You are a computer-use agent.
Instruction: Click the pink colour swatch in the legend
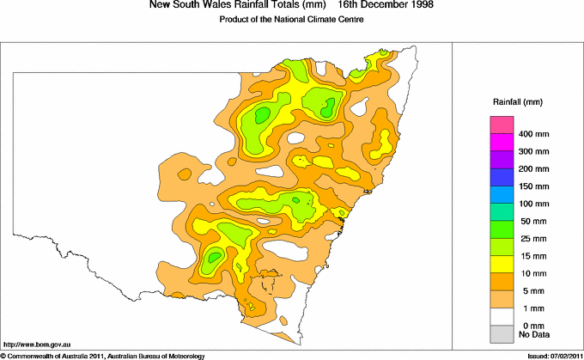[x=502, y=126]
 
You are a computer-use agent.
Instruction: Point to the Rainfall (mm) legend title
[x=516, y=102]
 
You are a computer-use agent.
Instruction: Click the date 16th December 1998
[x=392, y=5]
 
